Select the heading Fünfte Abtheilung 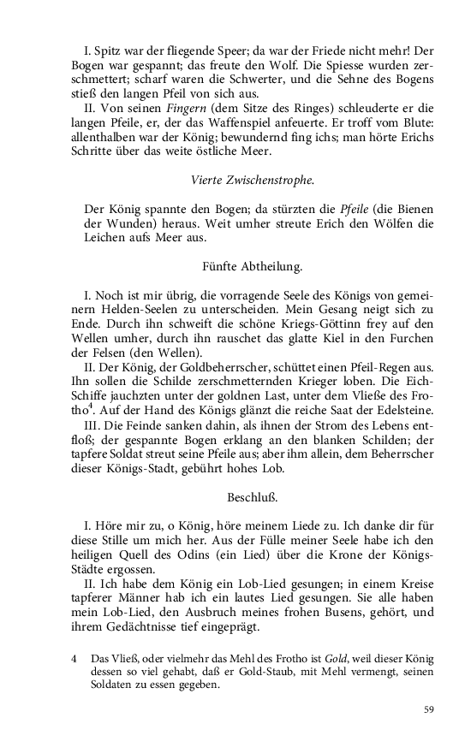253,267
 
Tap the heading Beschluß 252,496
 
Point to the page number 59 429,709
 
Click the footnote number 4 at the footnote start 75,659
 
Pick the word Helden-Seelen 150,309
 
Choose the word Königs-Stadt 149,469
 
